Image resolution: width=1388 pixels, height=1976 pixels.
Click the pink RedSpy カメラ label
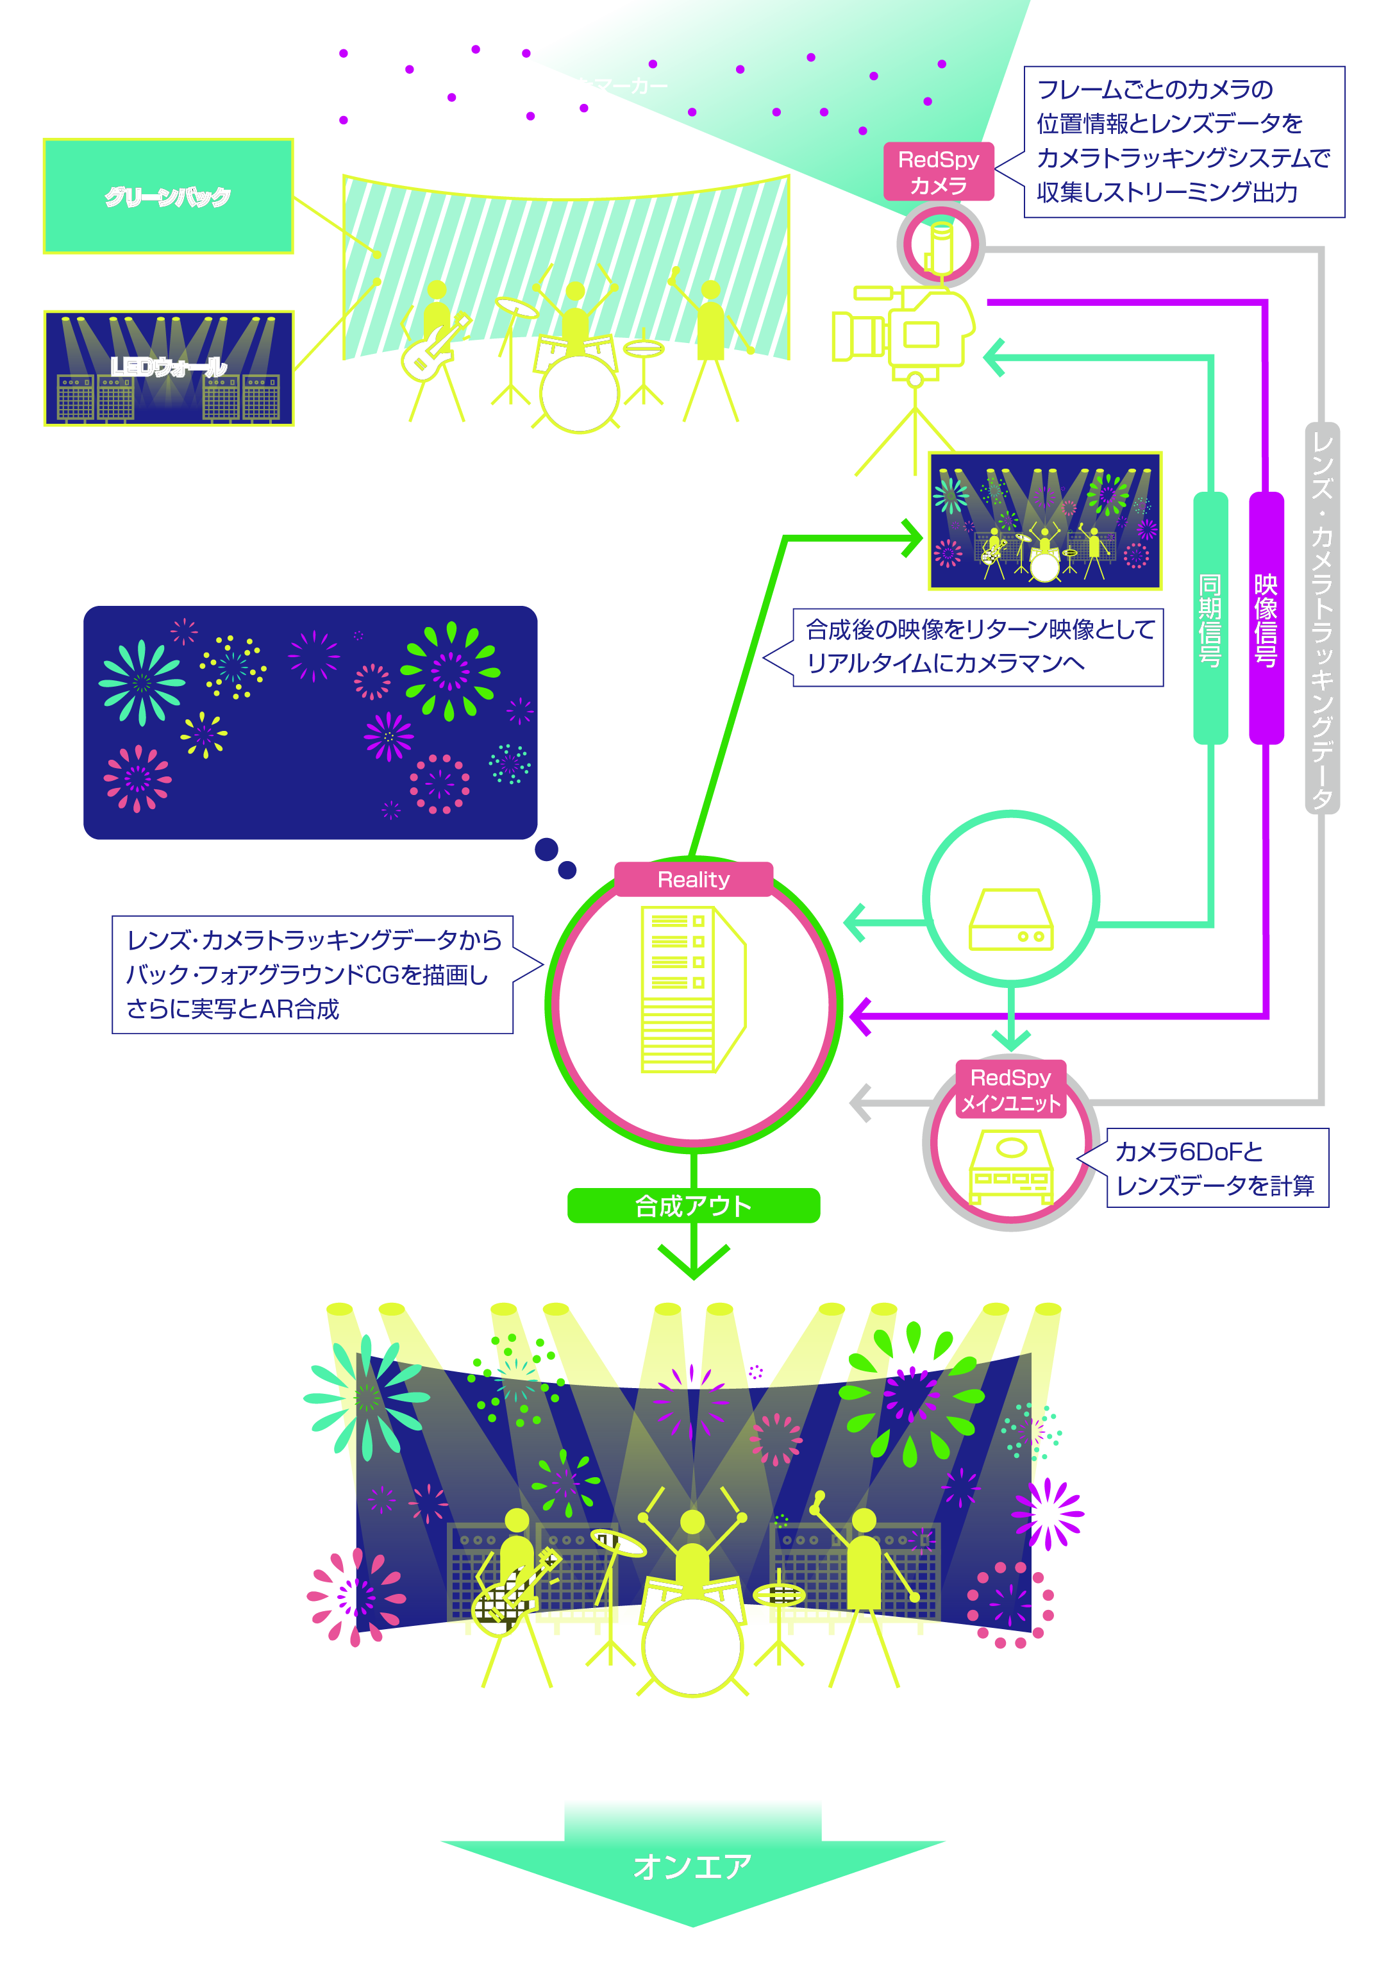pos(938,172)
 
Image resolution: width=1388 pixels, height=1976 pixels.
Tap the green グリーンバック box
pos(168,196)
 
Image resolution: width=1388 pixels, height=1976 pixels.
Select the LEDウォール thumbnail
pos(169,369)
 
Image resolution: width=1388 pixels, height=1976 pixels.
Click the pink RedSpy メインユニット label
pos(1011,1089)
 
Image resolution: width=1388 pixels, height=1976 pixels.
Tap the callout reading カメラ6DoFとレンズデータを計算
pos(1216,1168)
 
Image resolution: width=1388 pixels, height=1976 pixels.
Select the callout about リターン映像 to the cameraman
pos(978,647)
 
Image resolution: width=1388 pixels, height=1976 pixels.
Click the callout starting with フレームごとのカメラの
pos(1183,141)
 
